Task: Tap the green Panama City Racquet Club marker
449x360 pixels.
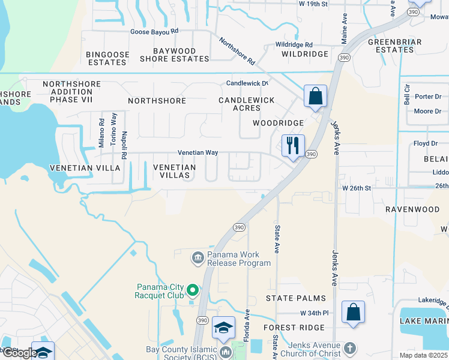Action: click(x=193, y=291)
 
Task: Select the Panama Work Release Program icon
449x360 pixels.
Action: click(x=197, y=259)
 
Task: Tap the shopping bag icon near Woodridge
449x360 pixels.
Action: click(x=315, y=96)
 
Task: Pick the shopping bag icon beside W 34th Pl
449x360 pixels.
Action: click(x=353, y=312)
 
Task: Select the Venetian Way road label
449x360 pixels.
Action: click(x=197, y=153)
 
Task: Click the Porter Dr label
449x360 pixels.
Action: click(x=428, y=97)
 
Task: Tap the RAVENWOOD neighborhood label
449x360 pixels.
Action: click(x=412, y=210)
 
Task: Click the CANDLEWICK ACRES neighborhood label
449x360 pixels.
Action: click(x=247, y=104)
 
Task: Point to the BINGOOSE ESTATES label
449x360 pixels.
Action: click(x=108, y=58)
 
